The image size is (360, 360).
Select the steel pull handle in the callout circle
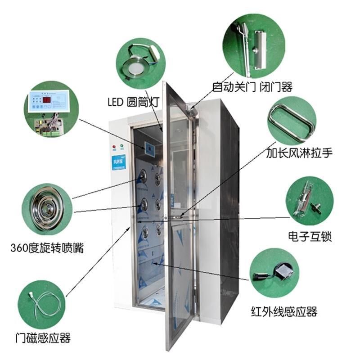[x=291, y=119]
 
